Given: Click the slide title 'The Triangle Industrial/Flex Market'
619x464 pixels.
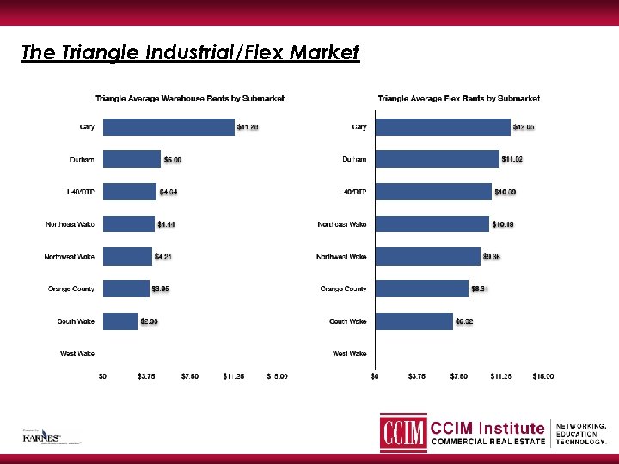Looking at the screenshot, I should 190,53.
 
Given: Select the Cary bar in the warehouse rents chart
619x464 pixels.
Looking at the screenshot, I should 169,128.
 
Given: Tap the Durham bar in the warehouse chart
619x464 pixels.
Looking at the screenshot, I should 132,160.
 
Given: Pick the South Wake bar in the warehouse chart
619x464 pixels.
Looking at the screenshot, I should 120,321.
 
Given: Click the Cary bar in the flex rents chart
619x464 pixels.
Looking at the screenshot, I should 442,128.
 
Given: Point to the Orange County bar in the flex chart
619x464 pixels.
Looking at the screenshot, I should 421,289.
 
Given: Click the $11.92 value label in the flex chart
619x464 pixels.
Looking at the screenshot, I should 512,160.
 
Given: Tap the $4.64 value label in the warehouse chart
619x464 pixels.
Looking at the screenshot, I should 169,192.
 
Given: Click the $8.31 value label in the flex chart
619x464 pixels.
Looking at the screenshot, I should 480,289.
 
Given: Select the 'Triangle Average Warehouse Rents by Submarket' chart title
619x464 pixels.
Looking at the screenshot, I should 190,99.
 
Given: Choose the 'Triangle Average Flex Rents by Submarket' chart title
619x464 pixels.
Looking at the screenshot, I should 459,99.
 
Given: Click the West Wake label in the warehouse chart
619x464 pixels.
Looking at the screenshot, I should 77,353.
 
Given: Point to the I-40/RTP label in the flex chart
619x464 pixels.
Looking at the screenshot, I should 352,192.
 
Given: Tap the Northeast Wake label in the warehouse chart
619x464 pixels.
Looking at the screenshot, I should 70,225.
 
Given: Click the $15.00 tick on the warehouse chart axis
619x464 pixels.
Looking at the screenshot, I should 277,375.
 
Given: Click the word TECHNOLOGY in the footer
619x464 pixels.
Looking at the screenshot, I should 582,441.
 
